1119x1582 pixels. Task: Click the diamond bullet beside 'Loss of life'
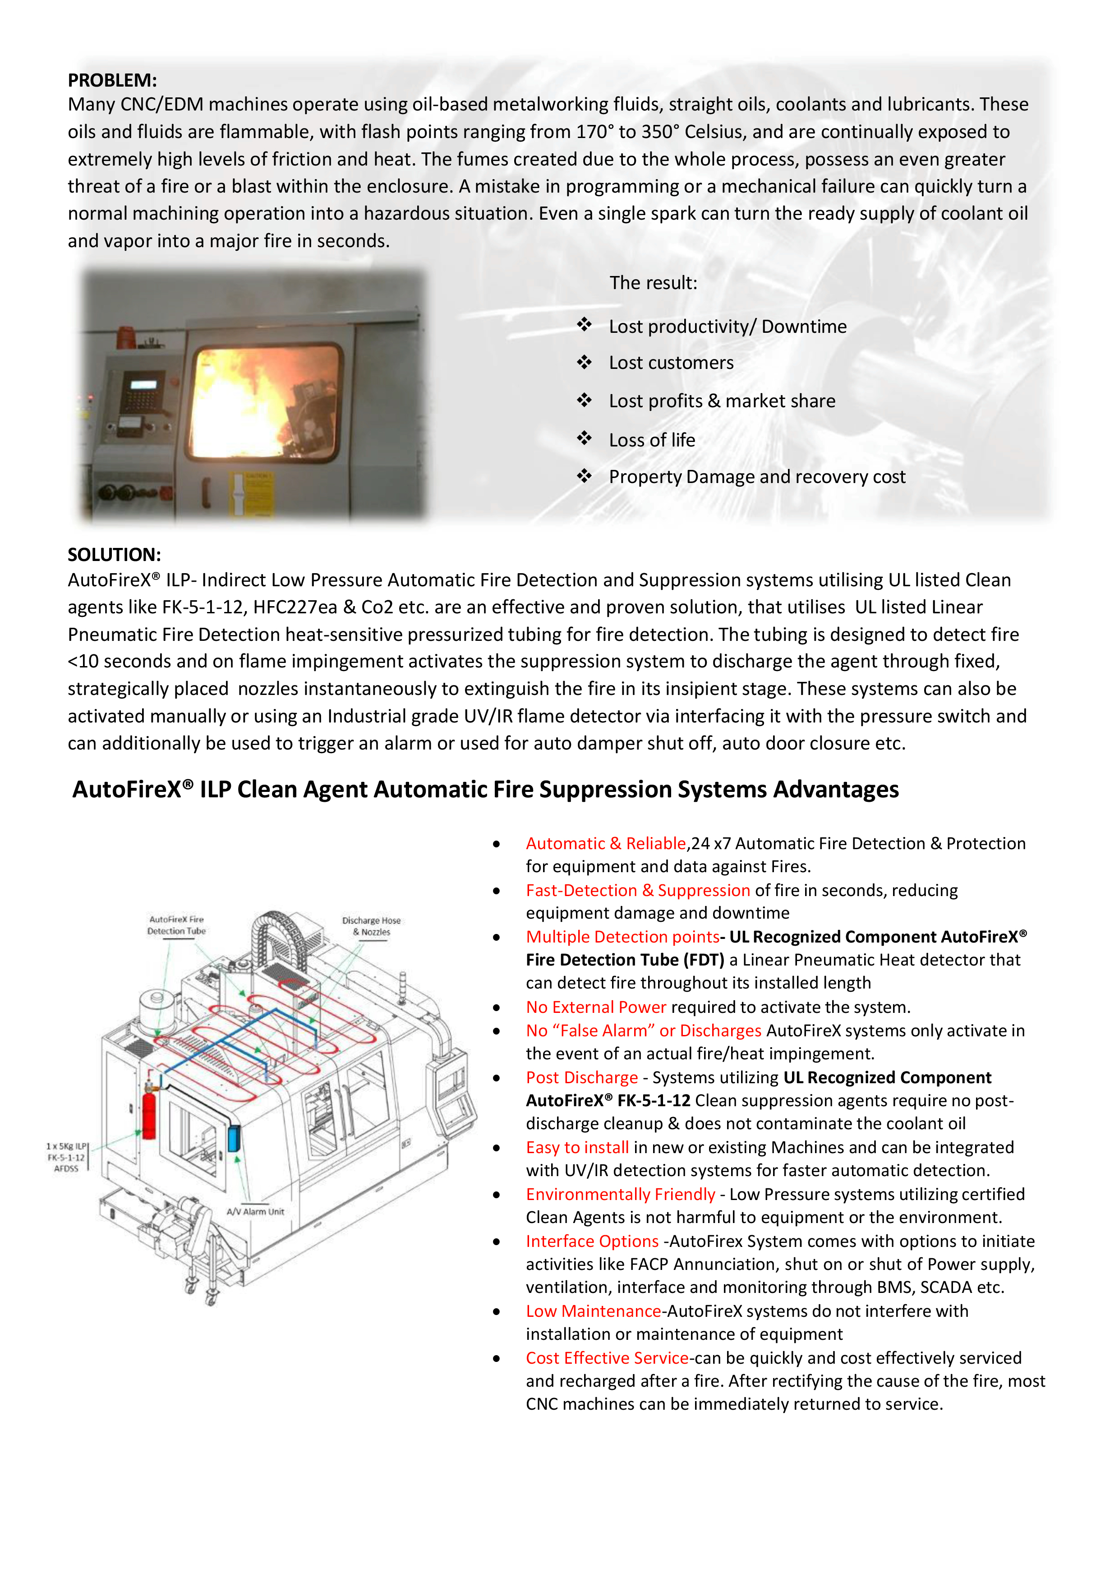(584, 438)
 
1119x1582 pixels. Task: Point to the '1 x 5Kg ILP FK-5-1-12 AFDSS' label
(66, 1158)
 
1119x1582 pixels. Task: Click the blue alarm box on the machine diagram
(234, 1138)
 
